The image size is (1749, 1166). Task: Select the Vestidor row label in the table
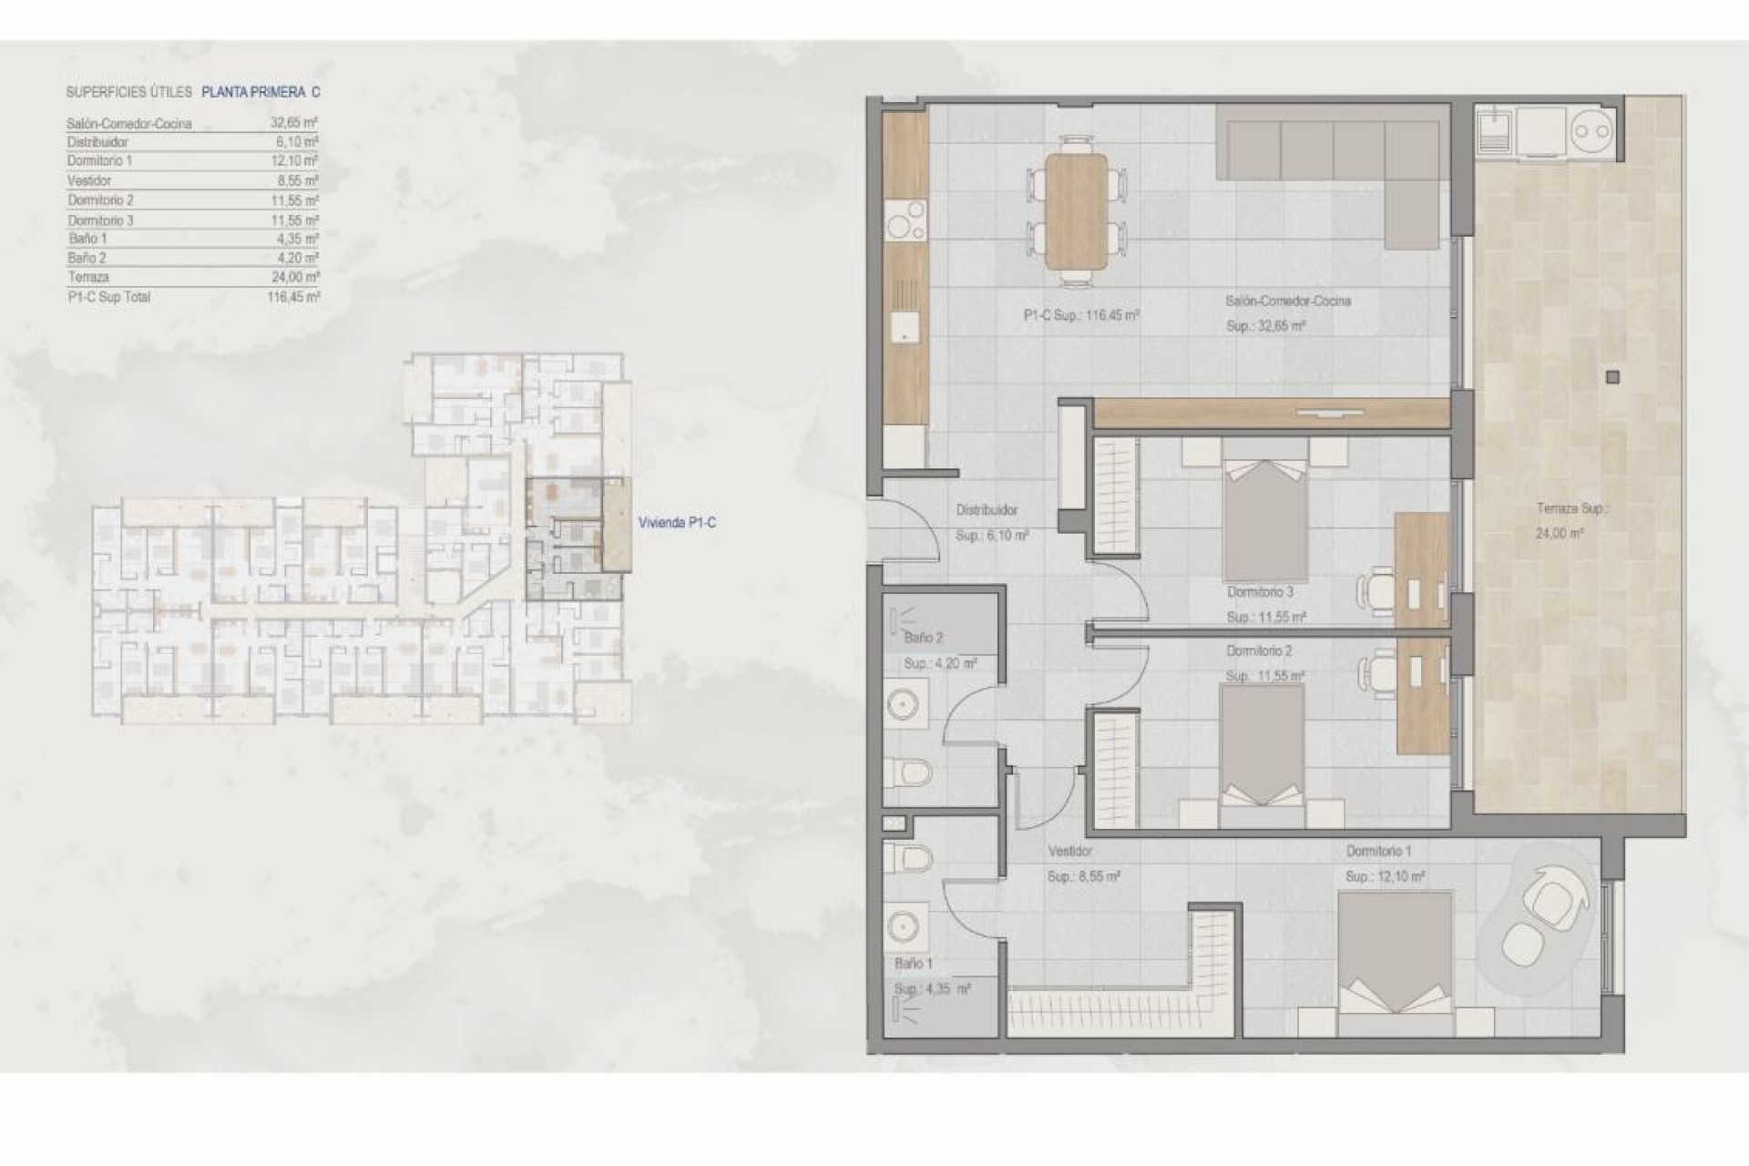(x=89, y=181)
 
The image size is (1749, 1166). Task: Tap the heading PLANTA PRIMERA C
(x=261, y=92)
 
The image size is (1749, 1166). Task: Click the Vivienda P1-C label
(x=677, y=523)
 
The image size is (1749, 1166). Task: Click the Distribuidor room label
(x=987, y=511)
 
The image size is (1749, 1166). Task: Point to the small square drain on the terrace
(x=1613, y=376)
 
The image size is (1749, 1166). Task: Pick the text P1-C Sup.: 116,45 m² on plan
(x=1081, y=316)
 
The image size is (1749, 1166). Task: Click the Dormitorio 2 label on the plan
(x=1259, y=651)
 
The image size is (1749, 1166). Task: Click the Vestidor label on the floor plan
(x=1069, y=851)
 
